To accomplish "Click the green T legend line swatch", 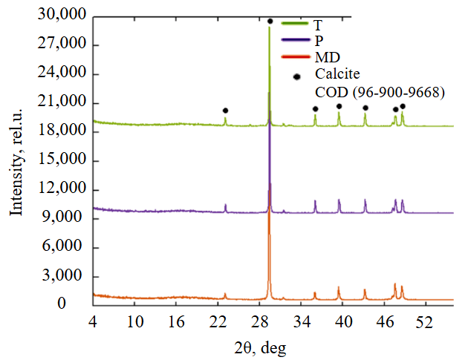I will (295, 25).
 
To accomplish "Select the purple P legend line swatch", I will (295, 40).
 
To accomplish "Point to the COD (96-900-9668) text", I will (380, 92).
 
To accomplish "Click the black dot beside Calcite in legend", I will (298, 76).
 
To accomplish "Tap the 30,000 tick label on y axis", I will (63, 16).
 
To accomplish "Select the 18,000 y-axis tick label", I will (63, 132).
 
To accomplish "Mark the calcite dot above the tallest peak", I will (270, 22).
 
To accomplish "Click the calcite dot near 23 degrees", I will (225, 111).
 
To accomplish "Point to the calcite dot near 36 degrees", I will (315, 109).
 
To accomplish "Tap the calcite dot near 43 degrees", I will (365, 108).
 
